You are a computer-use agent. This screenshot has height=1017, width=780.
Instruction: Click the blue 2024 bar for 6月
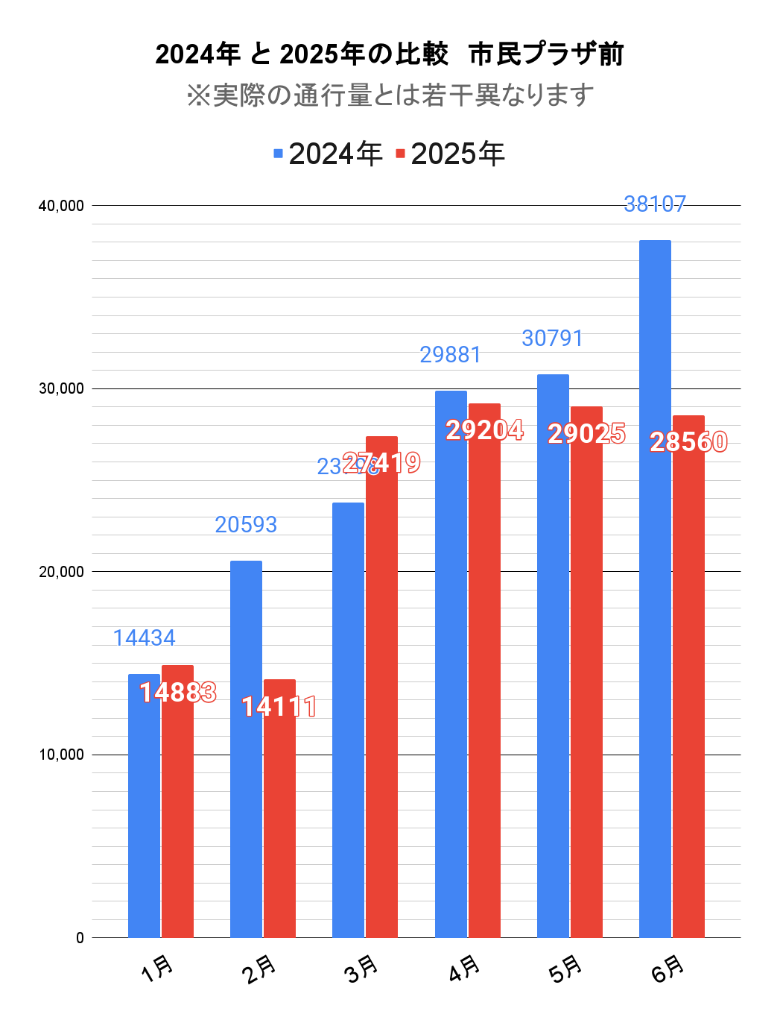(655, 589)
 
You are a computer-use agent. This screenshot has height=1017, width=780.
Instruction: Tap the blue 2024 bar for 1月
(144, 805)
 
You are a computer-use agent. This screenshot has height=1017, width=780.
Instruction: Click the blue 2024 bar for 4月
(451, 664)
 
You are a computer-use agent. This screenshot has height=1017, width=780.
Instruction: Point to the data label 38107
(654, 204)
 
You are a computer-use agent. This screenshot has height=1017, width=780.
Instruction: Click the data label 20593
(246, 525)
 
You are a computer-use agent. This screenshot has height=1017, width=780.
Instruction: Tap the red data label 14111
(279, 706)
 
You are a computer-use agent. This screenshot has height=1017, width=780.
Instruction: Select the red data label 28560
(688, 442)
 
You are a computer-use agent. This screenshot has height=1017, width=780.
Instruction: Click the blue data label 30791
(552, 339)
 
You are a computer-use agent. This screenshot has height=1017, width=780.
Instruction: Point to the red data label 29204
(484, 430)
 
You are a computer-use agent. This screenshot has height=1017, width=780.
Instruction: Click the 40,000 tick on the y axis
(61, 206)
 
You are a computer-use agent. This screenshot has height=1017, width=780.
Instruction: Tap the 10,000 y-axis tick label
(61, 755)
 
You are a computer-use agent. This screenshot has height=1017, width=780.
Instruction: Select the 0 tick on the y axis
(80, 938)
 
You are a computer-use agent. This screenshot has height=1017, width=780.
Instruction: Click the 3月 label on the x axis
(362, 969)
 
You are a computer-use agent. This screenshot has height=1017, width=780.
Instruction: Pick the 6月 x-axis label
(668, 969)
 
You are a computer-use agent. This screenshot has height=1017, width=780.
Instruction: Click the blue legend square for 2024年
(279, 154)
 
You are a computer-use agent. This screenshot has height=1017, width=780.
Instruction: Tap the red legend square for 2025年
(401, 154)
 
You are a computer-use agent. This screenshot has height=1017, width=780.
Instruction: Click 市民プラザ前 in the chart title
(546, 54)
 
